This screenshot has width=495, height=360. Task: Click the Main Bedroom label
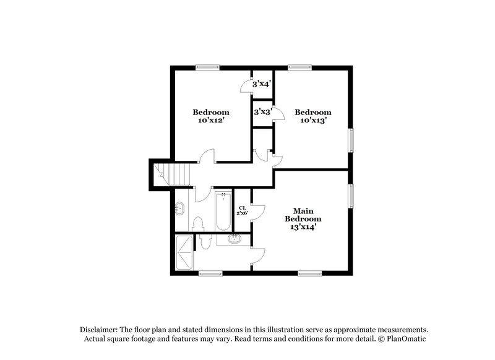coord(303,215)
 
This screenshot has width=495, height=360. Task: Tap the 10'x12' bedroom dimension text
coord(211,121)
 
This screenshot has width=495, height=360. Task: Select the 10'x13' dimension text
coord(313,121)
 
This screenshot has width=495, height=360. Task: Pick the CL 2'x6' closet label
coord(242,210)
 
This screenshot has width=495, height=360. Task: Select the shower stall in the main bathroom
coord(184,252)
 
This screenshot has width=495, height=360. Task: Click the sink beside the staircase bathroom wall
coord(180,208)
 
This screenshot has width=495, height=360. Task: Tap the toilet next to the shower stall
coord(205,239)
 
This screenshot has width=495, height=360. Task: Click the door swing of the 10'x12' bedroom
coord(207,155)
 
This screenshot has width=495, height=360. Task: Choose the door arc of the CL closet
coord(259,211)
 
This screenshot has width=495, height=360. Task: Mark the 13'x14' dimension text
coord(303,227)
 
